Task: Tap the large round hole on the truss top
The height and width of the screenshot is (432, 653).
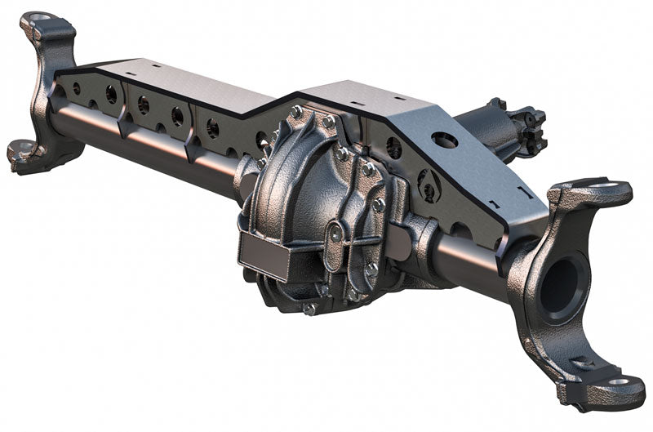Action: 446,140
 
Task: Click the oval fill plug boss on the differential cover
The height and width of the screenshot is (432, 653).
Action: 335,236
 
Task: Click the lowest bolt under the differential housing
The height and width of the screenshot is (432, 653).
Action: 309,309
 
